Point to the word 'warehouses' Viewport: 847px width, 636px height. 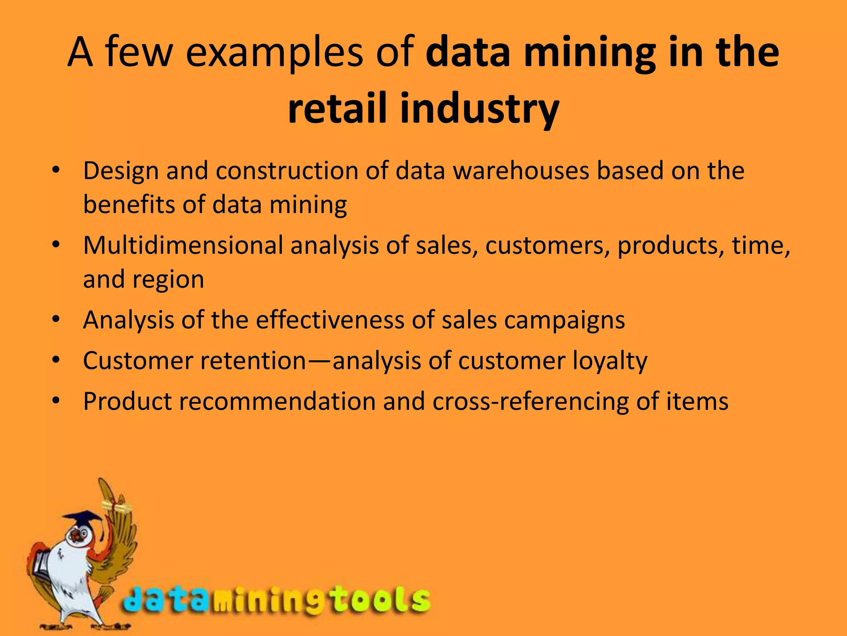click(521, 171)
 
